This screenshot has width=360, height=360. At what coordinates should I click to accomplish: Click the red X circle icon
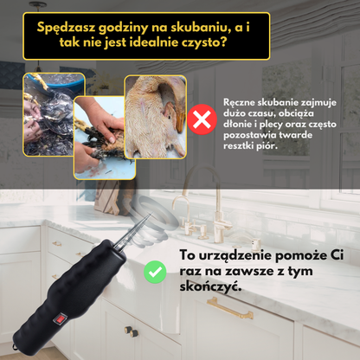pos(202,119)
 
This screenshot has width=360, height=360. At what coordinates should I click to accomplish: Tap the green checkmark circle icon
pos(157,272)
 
